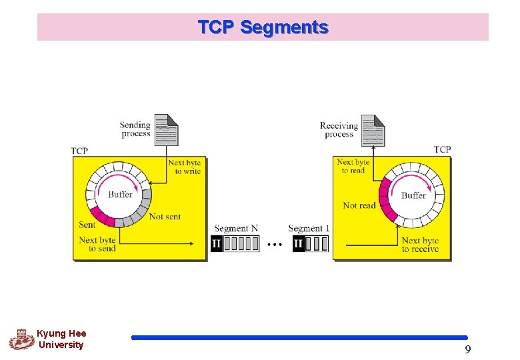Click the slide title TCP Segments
tap(263, 27)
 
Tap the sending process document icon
tap(167, 129)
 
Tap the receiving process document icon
tap(373, 130)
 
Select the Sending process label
tap(136, 129)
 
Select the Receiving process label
tap(339, 130)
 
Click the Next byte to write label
tap(184, 167)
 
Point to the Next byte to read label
tap(353, 166)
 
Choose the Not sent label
tap(165, 217)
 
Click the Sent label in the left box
tap(87, 225)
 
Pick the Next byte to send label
tap(97, 244)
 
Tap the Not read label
tap(359, 205)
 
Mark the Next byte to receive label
tap(420, 245)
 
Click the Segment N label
tap(235, 229)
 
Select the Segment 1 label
tap(309, 229)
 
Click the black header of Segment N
tap(217, 244)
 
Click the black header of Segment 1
tap(298, 244)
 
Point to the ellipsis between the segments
tap(274, 245)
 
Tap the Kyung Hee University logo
tap(21, 339)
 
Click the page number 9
tap(467, 349)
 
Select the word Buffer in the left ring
tap(120, 195)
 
